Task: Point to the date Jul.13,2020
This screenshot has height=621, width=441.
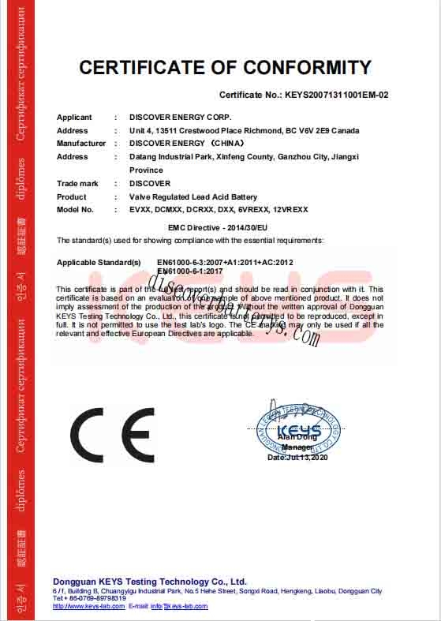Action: point(297,458)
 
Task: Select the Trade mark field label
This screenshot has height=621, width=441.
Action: point(77,184)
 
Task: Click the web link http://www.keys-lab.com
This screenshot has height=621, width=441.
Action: point(88,606)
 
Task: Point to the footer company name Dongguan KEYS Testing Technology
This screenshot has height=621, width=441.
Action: point(150,582)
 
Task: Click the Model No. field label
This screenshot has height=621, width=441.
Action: point(75,210)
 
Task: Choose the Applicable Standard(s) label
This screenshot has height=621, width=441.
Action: point(99,261)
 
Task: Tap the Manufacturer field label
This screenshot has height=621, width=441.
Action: point(80,144)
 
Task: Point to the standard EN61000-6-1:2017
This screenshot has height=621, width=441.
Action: point(190,271)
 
